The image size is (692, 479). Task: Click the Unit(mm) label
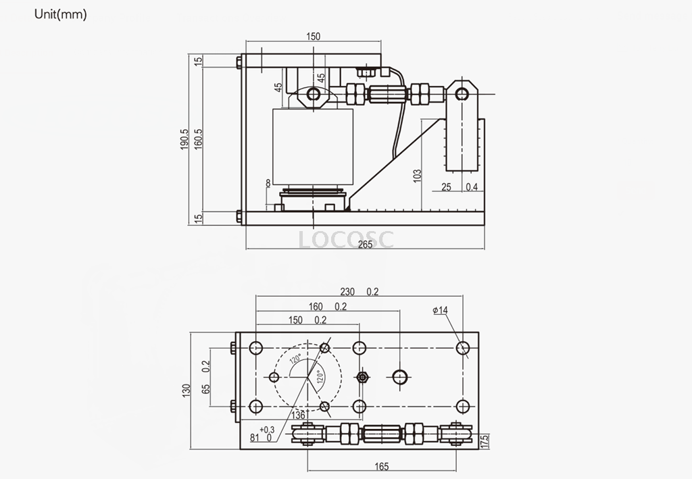pos(60,15)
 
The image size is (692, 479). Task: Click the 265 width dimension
pos(365,245)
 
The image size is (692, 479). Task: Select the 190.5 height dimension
pos(184,140)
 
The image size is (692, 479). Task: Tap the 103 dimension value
pos(417,176)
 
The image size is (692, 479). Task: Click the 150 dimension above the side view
pos(313,37)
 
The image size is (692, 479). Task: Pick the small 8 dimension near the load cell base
pos(268,183)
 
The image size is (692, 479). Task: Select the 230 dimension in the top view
pos(347,292)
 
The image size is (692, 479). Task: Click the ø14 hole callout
pos(440,310)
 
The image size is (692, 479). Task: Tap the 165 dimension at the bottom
pos(382,466)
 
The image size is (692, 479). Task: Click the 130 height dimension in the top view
pos(185,390)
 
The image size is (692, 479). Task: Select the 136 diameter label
pos(298,414)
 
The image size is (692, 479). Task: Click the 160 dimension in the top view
pos(316,307)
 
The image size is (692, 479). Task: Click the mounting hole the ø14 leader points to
pos(463,349)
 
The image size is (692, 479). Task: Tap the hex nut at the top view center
pos(364,377)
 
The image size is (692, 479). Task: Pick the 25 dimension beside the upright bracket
pos(446,186)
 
